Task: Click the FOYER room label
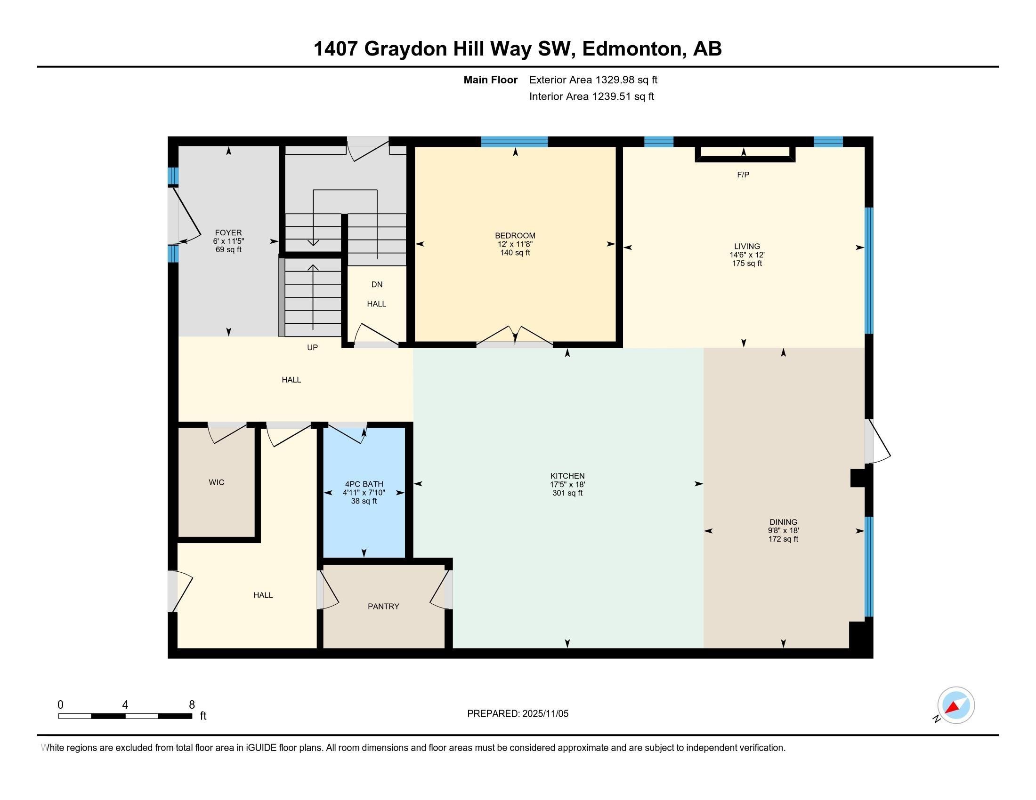tap(228, 232)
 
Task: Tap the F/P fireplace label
tap(743, 175)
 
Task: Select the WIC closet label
tap(216, 482)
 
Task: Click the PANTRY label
tap(383, 606)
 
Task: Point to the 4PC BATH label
tap(364, 484)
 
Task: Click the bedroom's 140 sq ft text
tap(515, 253)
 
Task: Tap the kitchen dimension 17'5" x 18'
tap(567, 484)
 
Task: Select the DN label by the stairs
tap(377, 284)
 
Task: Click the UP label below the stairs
tap(312, 347)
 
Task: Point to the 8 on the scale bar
tap(192, 705)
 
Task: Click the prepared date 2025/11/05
tap(544, 714)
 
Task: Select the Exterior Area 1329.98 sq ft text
tap(593, 80)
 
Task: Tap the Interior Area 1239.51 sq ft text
tap(591, 96)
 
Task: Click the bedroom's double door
tap(515, 337)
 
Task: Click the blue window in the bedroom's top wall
tap(514, 141)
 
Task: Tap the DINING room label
tap(783, 522)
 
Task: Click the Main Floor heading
tap(490, 80)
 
